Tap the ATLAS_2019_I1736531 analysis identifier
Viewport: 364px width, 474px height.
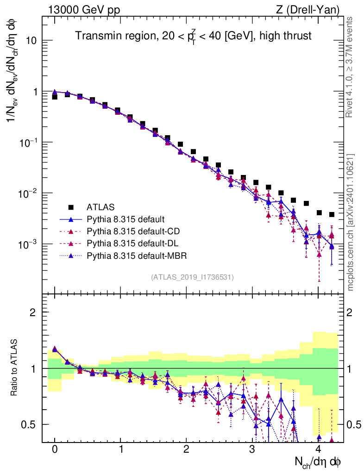tap(192, 277)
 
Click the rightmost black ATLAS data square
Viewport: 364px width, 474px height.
tap(332, 214)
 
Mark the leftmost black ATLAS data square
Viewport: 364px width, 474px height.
tap(55, 97)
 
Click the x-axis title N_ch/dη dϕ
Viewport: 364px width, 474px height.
tap(318, 462)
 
